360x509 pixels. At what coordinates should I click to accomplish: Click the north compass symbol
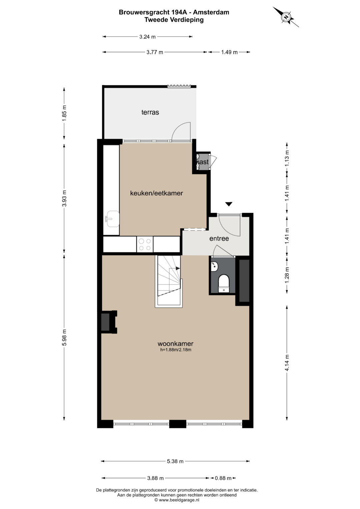[286, 17]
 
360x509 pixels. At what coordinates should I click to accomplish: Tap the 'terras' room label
[150, 112]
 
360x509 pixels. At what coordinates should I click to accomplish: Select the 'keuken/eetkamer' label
[156, 193]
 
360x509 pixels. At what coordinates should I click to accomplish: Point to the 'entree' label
[219, 239]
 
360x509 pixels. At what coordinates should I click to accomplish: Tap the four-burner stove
[145, 244]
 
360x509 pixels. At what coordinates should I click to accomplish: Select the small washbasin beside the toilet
[215, 267]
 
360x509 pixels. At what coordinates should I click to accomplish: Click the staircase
[169, 281]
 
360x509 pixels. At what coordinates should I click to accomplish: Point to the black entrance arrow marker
[229, 204]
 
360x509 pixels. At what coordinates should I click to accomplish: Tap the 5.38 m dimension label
[175, 461]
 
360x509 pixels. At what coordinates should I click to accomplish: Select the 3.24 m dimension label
[147, 37]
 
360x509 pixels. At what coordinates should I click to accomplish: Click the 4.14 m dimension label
[287, 363]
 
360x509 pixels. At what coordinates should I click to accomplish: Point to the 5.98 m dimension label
[64, 337]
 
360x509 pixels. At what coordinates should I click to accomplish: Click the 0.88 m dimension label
[223, 478]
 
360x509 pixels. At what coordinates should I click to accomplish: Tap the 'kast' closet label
[202, 162]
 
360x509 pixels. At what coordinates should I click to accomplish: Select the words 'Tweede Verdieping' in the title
[174, 20]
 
